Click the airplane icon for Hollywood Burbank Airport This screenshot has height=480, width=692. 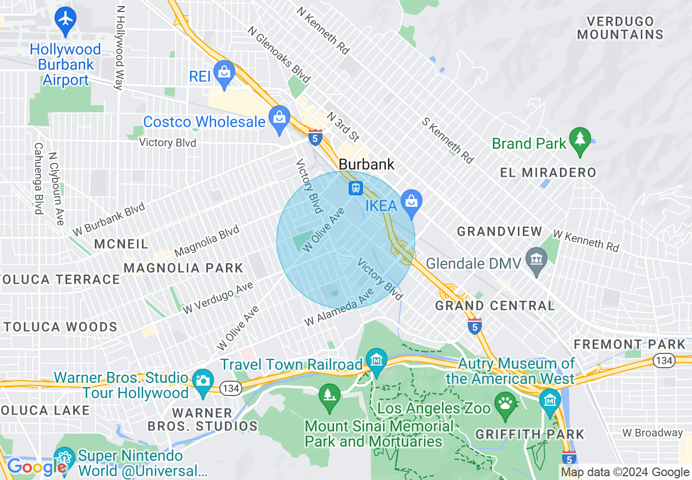tap(65, 19)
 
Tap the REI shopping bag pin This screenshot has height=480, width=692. tap(224, 73)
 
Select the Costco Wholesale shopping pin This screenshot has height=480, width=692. tap(279, 118)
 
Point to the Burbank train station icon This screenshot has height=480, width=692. tap(356, 188)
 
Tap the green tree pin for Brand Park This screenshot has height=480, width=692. tap(580, 140)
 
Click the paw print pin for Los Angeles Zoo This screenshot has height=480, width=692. tap(505, 405)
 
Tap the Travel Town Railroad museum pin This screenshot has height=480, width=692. tap(377, 361)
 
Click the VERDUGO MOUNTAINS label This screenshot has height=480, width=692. tap(620, 28)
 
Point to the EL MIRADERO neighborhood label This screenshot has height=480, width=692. tap(548, 173)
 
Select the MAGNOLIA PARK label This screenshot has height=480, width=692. tap(183, 268)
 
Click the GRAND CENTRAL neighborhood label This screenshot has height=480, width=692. tap(494, 305)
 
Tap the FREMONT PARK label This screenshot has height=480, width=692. tap(629, 344)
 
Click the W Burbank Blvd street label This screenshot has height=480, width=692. tap(109, 219)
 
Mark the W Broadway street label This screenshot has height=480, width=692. tap(652, 433)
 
